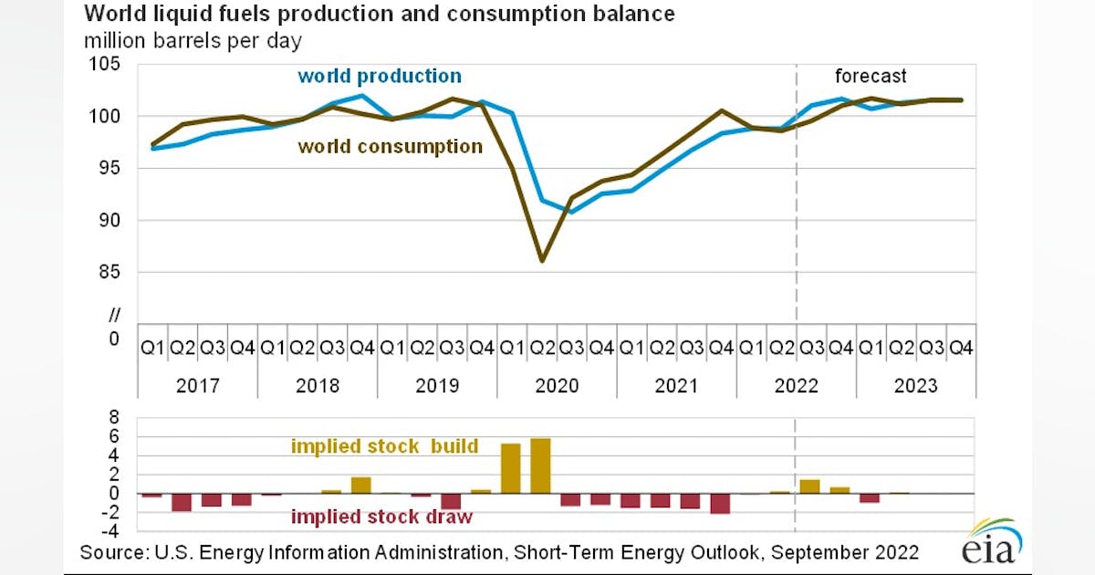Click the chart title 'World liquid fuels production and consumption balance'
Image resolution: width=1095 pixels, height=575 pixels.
pos(380,15)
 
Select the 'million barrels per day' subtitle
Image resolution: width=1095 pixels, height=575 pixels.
pos(193,41)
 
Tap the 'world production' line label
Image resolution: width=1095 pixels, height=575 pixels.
pos(380,76)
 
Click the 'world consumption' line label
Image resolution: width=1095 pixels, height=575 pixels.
pos(391,146)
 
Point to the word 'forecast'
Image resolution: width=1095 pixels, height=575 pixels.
pos(871,77)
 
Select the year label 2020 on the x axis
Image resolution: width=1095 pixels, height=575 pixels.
pos(557,385)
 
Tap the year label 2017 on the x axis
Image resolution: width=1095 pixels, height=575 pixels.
pos(197,385)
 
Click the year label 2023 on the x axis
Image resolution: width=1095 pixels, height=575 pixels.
pos(915,385)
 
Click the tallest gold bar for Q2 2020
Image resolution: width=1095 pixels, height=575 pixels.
pos(541,465)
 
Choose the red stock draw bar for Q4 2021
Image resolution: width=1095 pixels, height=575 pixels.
pos(720,503)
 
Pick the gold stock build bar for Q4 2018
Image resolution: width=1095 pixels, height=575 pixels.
pos(361,485)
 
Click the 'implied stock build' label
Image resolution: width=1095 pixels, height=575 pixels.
pos(384,446)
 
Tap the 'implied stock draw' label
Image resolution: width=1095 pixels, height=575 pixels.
pos(381,517)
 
